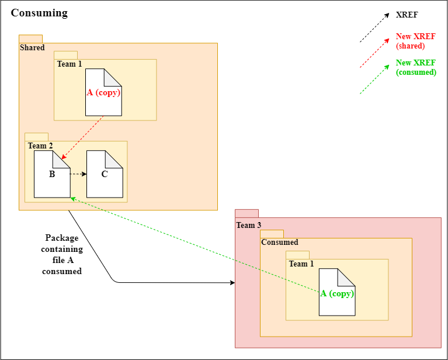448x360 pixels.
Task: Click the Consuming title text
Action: coord(39,13)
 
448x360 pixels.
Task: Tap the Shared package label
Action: coord(32,48)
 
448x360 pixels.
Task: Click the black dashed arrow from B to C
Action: coord(78,174)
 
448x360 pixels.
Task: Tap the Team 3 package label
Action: coord(245,226)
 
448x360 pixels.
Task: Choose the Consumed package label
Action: coord(279,243)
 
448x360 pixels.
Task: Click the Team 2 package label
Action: coord(40,146)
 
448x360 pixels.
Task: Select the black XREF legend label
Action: coord(407,14)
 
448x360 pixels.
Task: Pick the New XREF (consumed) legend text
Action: coord(416,68)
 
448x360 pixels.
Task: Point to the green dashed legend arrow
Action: coord(374,79)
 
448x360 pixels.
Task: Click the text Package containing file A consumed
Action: coord(62,255)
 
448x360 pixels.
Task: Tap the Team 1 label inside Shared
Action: coord(70,64)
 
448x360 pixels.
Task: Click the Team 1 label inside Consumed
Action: coord(301,264)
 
